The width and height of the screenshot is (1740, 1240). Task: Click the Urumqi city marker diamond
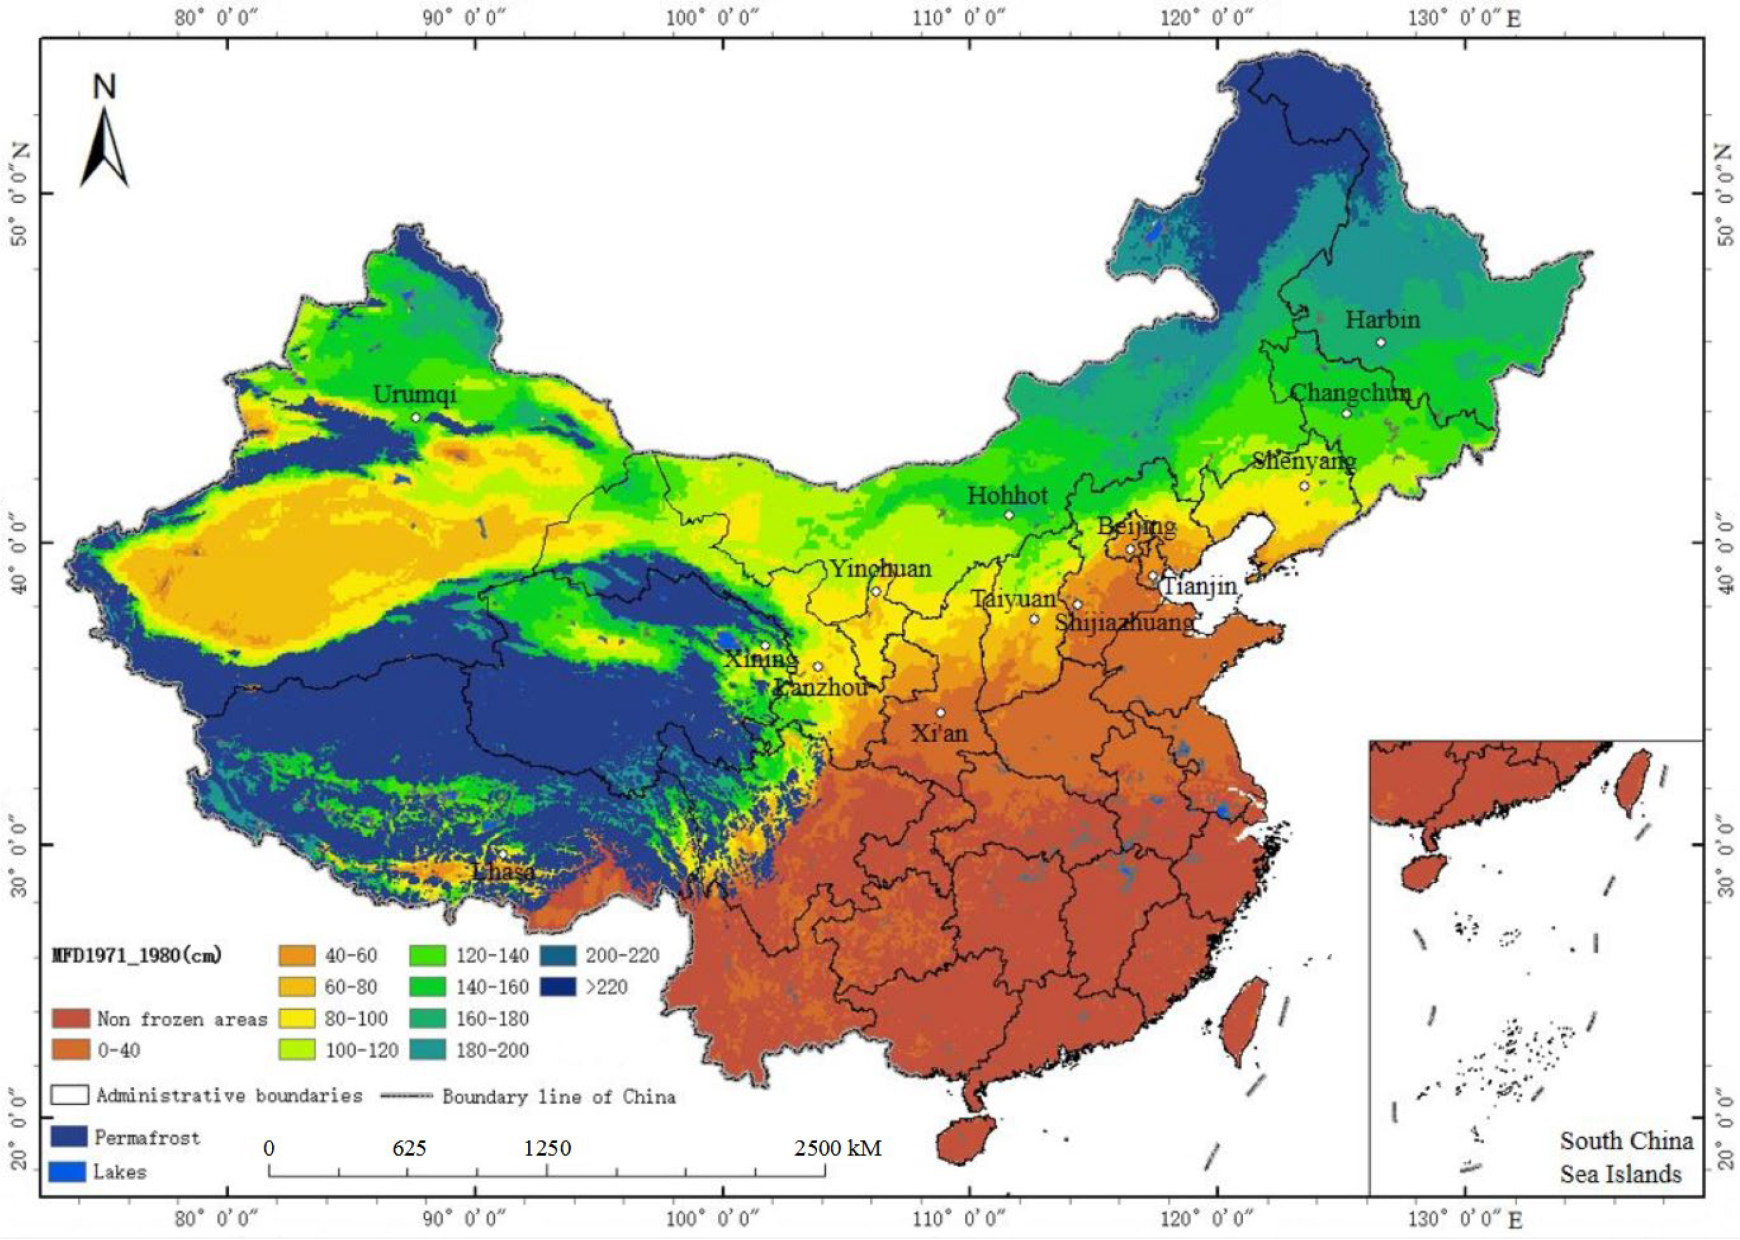pos(416,418)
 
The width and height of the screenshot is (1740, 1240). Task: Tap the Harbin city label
pos(1382,319)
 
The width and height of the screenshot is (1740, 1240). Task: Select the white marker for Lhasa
pos(503,854)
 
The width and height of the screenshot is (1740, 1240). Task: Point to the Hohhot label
pos(1007,496)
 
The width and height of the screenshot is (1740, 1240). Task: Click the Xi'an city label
pos(940,734)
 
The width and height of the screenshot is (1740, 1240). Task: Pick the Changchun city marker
pos(1346,414)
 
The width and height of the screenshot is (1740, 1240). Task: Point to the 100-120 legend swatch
pos(298,1050)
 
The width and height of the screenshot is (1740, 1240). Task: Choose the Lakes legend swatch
pos(67,1171)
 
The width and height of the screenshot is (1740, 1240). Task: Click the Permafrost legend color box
pos(69,1138)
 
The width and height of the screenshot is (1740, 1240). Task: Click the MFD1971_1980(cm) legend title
pos(137,955)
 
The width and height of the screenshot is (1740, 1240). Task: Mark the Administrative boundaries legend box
pos(69,1095)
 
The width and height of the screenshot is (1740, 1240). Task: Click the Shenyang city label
pos(1304,461)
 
